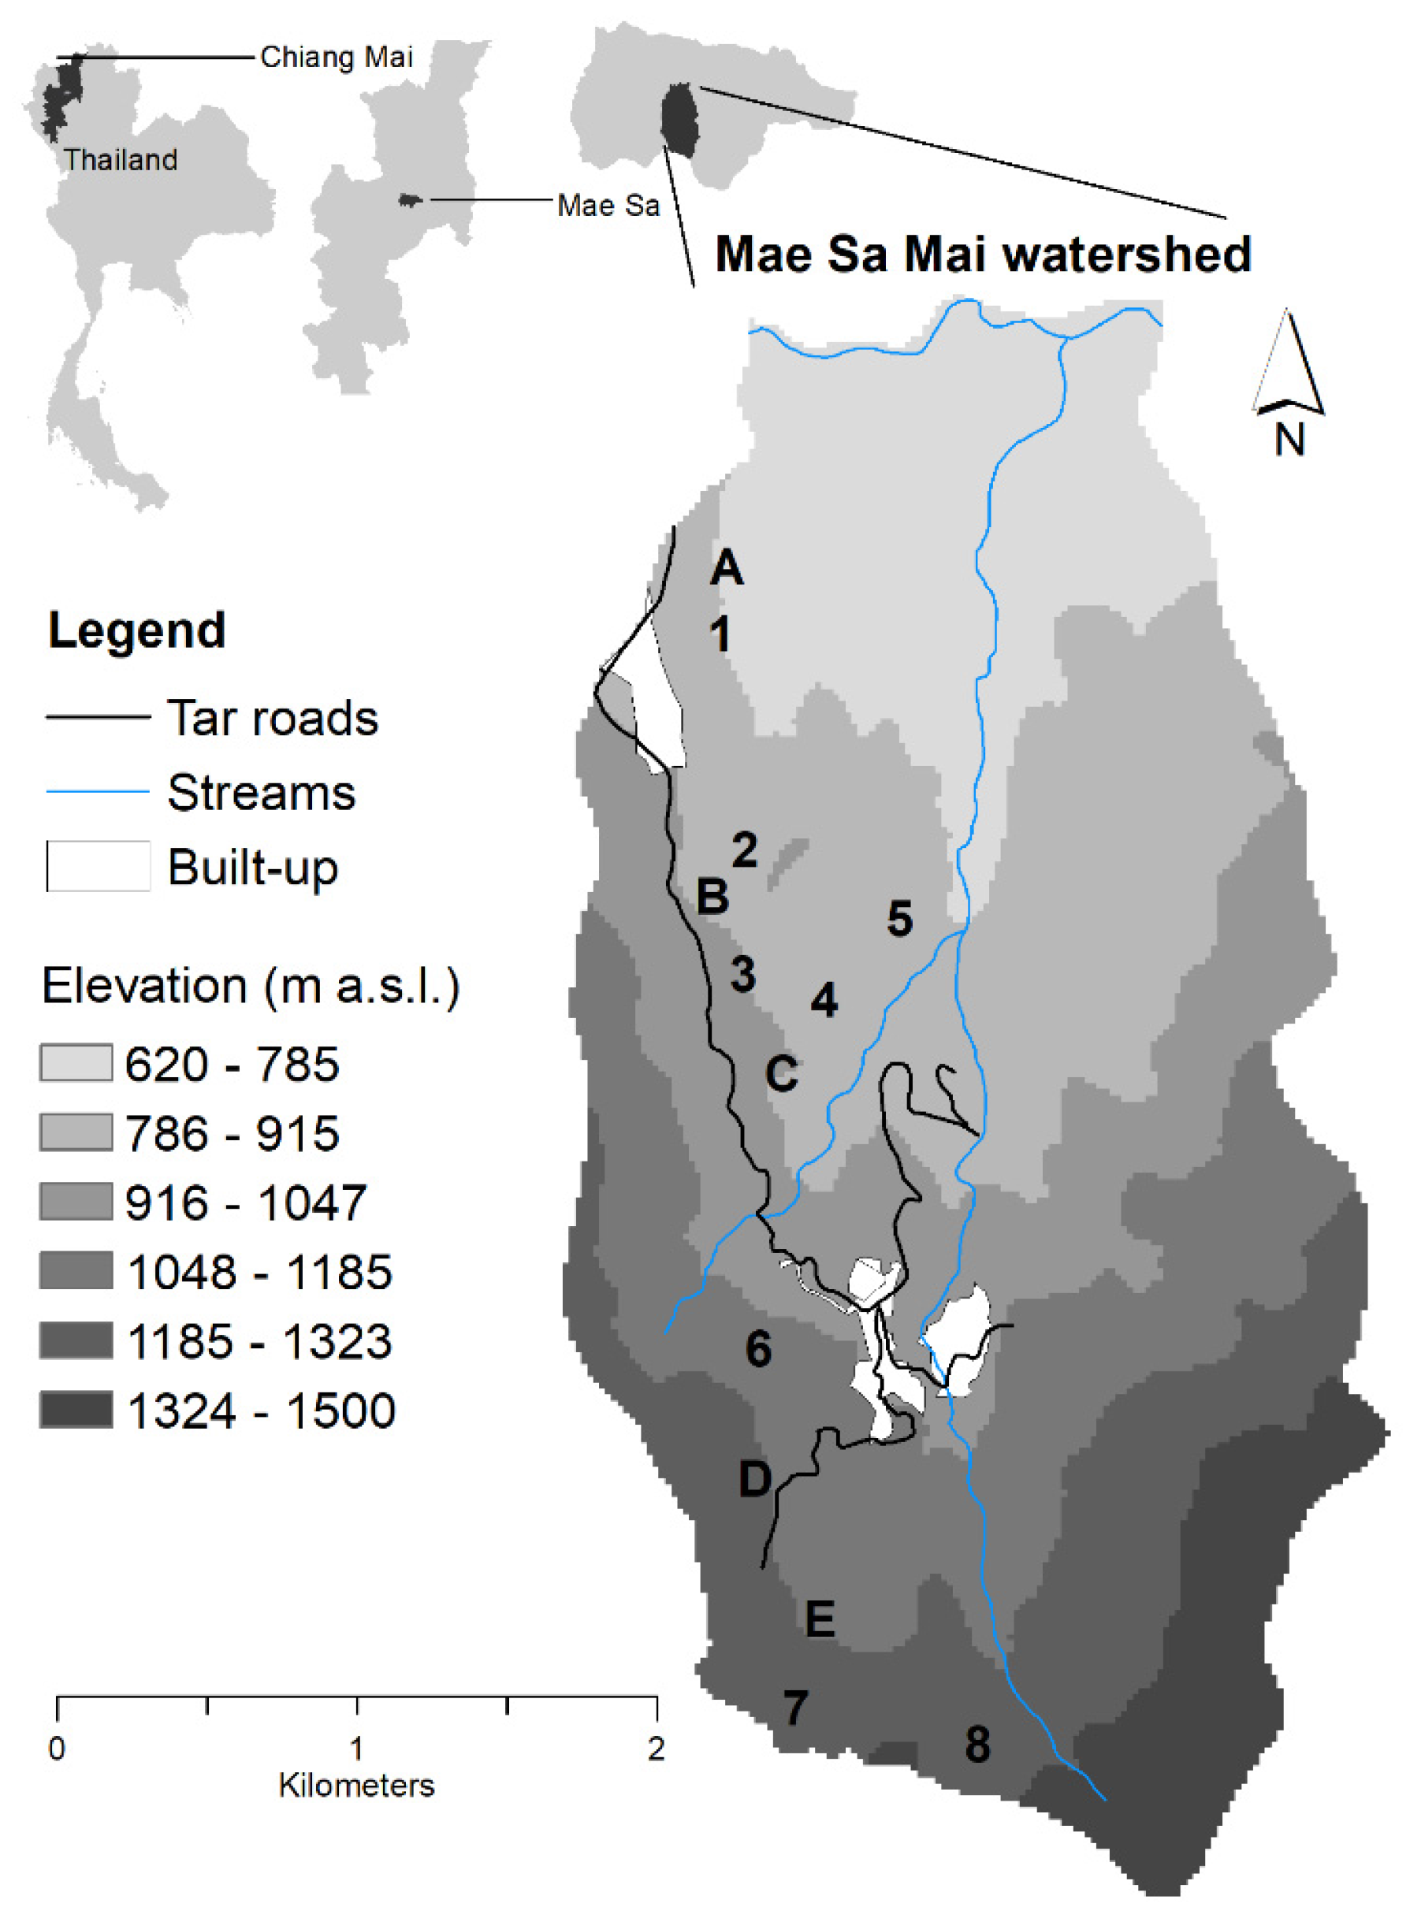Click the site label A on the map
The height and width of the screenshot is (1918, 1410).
pos(727,567)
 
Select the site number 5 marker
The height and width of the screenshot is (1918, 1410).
pos(899,919)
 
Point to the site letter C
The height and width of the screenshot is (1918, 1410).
pos(782,1073)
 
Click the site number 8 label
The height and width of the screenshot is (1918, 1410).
pos(977,1744)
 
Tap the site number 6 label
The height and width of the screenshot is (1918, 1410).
pos(758,1348)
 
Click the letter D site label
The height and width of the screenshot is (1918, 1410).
pos(754,1478)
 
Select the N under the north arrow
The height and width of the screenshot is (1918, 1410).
pos(1289,440)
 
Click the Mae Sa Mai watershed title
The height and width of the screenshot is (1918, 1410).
pos(982,255)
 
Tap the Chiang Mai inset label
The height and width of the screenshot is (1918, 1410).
pos(337,58)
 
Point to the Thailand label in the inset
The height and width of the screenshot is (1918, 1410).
pos(121,159)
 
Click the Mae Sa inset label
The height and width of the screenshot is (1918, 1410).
pos(608,206)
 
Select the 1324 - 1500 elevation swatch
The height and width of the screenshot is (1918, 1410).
pos(76,1410)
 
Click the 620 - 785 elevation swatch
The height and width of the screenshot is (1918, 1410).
pos(76,1063)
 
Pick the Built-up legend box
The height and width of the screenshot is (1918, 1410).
pos(99,867)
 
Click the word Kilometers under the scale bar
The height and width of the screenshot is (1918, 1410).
pos(356,1785)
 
